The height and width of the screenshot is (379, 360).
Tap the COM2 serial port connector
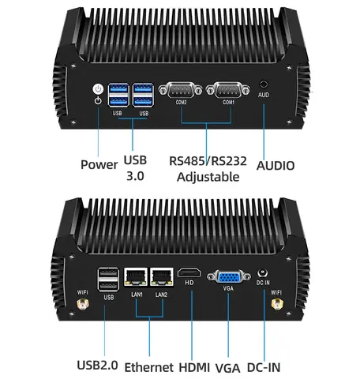point(182,89)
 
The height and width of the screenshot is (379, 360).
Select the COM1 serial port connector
point(230,89)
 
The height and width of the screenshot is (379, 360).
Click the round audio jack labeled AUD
point(264,83)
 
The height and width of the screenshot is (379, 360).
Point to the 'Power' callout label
point(99,165)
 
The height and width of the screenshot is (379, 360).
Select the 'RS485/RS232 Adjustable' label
point(208,169)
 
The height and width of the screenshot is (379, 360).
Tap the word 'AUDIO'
point(276,166)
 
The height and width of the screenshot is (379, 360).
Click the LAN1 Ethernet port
point(137,276)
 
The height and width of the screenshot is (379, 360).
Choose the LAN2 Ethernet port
point(162,276)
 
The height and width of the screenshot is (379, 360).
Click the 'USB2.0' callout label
point(97,366)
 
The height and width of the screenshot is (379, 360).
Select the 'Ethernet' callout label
point(150,366)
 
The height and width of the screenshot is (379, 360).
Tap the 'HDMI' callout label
point(195,366)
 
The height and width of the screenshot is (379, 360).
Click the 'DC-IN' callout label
point(264,366)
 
